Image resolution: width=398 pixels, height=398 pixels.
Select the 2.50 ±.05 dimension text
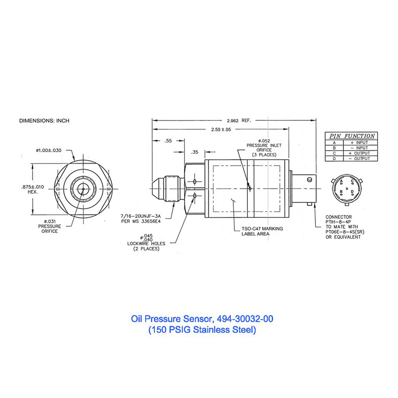[x=219, y=129]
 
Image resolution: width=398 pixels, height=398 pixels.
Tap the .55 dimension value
[x=169, y=141]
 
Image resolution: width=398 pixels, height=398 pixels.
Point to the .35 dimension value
[x=194, y=152]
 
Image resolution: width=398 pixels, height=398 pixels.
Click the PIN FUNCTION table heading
[x=350, y=136]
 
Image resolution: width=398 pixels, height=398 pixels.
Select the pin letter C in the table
[x=335, y=153]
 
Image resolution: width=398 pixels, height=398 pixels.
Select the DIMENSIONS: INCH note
[x=44, y=121]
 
